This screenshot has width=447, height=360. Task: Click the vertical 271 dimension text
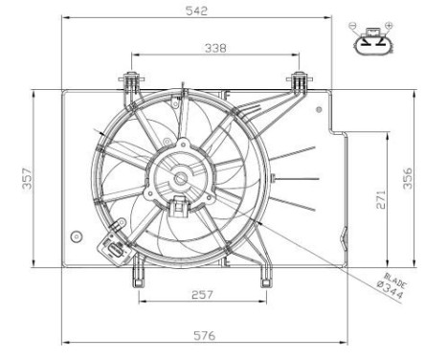click(379, 200)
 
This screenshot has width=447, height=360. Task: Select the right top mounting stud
click(300, 79)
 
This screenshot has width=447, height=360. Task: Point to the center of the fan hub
click(178, 178)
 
